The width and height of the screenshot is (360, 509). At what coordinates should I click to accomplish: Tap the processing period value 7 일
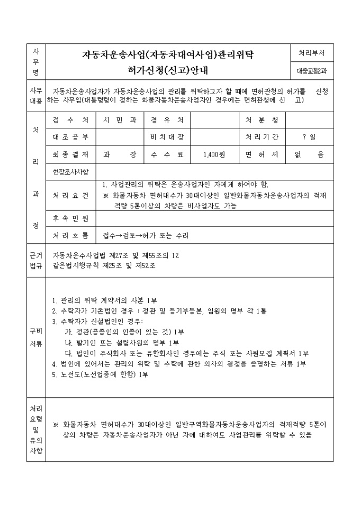coord(309,137)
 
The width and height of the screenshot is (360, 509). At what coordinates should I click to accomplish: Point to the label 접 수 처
coord(71,120)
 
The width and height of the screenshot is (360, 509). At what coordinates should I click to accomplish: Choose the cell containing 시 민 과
coord(120,120)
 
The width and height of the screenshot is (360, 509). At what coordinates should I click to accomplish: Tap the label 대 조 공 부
coord(71,137)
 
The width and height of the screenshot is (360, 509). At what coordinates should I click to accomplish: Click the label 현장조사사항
coord(71,172)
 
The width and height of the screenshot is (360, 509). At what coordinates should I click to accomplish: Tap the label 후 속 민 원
coord(71,218)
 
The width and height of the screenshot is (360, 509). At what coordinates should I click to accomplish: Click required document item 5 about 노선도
coord(101,375)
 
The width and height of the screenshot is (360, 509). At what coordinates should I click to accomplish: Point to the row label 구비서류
coord(36,337)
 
